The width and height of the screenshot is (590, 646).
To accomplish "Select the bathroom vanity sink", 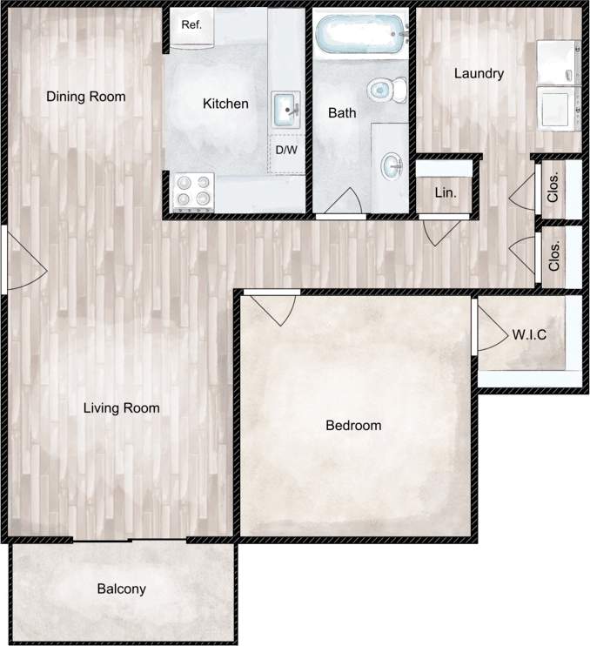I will click(392, 163).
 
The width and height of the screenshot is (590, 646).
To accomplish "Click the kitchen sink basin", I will click(287, 109).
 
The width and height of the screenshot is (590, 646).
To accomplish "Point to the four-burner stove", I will click(194, 192).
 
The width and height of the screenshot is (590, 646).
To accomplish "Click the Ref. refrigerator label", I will click(191, 24).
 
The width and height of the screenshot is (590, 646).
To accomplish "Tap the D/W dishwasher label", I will click(286, 150).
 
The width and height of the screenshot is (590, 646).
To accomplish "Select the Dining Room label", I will click(86, 97).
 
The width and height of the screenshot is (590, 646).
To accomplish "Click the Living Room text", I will click(121, 407).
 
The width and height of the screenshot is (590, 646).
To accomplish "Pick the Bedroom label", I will click(353, 426).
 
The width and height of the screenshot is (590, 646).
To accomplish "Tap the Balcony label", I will click(121, 589).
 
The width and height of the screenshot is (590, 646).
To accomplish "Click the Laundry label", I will click(479, 74).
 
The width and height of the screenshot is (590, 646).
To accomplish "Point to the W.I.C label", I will click(529, 334).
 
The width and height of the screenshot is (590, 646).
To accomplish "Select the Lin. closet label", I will click(445, 192).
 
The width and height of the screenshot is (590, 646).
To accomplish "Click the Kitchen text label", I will click(225, 104).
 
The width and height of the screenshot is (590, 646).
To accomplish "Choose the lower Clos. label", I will click(554, 255).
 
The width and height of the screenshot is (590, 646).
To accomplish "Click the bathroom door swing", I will click(339, 203).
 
